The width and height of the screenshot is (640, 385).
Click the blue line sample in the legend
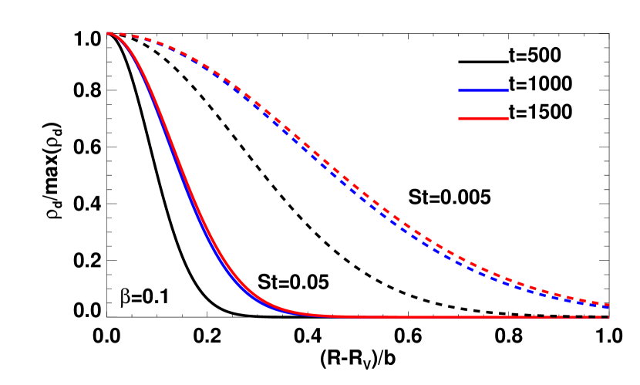tap(483, 90)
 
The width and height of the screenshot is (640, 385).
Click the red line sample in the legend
tap(483, 118)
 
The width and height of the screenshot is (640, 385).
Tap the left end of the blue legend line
tap(460, 90)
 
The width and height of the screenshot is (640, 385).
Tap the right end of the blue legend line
tap(507, 90)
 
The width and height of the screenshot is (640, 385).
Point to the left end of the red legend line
tap(460, 118)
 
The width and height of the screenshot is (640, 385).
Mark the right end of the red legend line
tap(507, 118)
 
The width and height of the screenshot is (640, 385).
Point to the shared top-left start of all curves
tap(109, 33)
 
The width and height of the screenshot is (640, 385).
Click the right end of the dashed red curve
tap(609, 305)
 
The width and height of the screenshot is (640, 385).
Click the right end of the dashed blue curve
tap(609, 309)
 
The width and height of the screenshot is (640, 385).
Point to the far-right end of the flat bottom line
tap(609, 316)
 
